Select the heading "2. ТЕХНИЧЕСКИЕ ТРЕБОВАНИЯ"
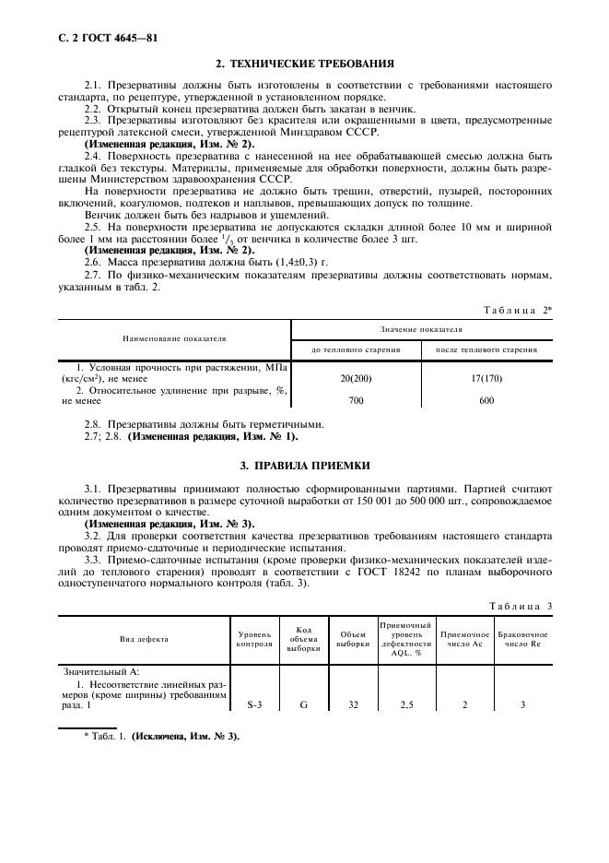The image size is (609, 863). [304, 65]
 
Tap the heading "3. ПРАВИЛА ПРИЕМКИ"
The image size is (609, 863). [304, 466]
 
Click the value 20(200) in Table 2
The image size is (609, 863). [356, 378]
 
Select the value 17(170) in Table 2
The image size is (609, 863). [486, 378]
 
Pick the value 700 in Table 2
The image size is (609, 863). [356, 401]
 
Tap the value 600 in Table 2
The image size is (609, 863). [486, 401]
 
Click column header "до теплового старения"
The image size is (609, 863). [356, 350]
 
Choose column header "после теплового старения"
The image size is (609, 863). [486, 350]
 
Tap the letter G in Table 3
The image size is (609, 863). [303, 704]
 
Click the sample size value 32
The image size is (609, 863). [353, 704]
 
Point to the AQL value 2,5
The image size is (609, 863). [405, 704]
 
